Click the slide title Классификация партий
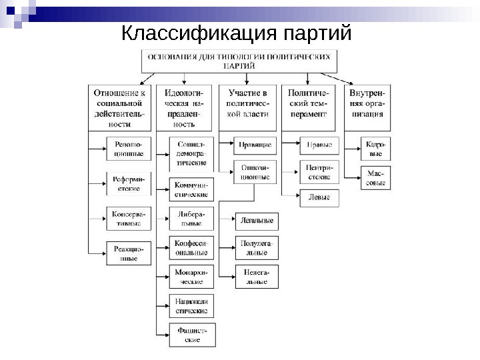click(236, 33)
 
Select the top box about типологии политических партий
click(239, 61)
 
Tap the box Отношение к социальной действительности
click(119, 106)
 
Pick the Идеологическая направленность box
click(184, 106)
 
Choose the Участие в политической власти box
click(248, 106)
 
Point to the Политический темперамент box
click(308, 106)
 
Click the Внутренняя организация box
click(367, 106)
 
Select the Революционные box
click(129, 148)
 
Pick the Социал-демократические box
click(191, 153)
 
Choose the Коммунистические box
click(191, 189)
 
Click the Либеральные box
click(191, 219)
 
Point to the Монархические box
click(191, 277)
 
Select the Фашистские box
click(192, 334)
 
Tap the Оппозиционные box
click(255, 172)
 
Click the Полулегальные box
click(257, 247)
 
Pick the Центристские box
click(319, 172)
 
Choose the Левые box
click(319, 198)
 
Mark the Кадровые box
click(375, 148)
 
